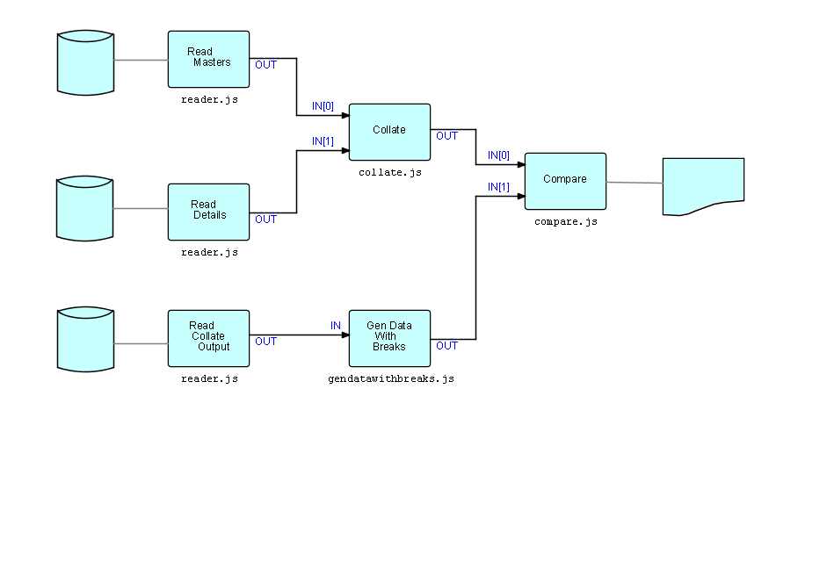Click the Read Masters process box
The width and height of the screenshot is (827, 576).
click(208, 59)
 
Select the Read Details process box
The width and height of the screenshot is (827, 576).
click(208, 212)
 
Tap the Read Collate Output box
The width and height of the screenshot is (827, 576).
click(208, 338)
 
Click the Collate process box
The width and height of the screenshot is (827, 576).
click(389, 132)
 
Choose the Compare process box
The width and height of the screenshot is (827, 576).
click(565, 181)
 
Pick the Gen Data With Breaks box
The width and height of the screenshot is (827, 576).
click(389, 338)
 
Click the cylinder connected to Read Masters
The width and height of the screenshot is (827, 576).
click(85, 62)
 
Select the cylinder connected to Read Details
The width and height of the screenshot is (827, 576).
click(85, 208)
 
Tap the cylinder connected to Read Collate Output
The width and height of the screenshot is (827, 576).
click(85, 339)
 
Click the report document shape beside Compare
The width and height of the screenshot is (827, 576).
click(702, 185)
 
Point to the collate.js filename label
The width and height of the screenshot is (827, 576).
click(389, 173)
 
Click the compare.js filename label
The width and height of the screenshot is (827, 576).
click(565, 222)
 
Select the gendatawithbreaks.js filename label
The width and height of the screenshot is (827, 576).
click(390, 379)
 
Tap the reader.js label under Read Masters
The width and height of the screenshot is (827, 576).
click(209, 100)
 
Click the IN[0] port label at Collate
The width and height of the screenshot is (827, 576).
click(323, 106)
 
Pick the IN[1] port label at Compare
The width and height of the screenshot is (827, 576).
click(498, 187)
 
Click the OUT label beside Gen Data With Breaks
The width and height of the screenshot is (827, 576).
click(446, 346)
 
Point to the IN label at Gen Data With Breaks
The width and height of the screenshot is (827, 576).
click(336, 326)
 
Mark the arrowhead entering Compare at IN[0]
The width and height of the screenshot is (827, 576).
click(519, 164)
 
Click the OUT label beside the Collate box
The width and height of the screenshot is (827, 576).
click(446, 136)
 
